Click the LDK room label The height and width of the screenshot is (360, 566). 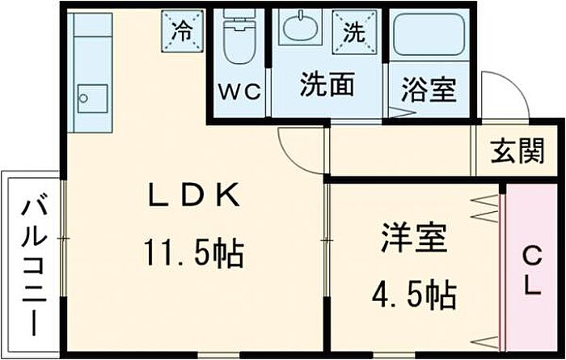(x=193, y=196)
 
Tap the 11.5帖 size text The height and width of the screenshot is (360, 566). (x=194, y=255)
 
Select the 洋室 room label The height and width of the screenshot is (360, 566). (x=414, y=240)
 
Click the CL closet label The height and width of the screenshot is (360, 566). (x=530, y=272)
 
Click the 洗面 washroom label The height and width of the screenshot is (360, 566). (x=326, y=84)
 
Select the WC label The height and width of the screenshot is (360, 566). (x=239, y=91)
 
